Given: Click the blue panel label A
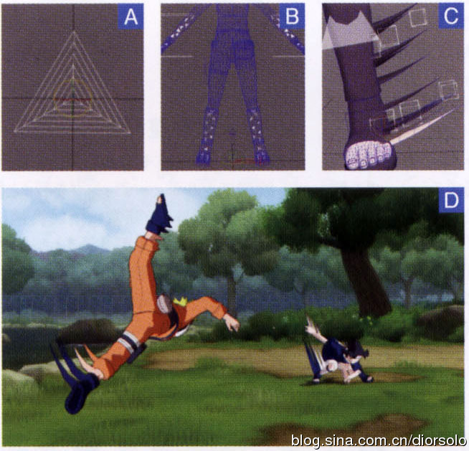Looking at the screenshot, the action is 131,16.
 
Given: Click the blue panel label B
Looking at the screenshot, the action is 292,16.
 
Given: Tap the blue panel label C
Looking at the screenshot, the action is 451,16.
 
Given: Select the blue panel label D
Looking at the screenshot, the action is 451,200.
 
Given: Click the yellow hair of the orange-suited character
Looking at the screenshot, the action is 180,301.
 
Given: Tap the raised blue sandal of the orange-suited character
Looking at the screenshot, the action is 159,216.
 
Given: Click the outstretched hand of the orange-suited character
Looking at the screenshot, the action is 231,323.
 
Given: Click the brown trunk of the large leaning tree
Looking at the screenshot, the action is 364,281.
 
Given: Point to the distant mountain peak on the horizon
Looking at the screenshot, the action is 87,247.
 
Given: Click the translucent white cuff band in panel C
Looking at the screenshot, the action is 349,32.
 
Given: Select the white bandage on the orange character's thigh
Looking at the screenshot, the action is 129,341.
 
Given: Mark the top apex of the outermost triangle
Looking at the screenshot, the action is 74,32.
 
